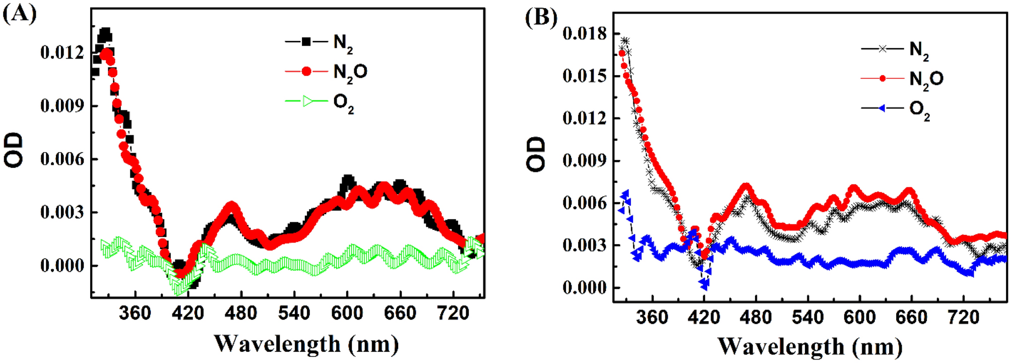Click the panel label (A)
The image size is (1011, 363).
19,14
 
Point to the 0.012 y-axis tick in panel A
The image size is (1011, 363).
62,52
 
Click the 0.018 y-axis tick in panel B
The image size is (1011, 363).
585,34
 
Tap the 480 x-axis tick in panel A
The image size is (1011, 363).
241,313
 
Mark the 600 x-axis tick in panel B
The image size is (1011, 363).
859,317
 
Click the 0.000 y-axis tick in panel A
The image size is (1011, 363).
62,265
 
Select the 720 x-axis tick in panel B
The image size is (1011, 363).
963,317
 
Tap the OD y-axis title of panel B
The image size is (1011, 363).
537,154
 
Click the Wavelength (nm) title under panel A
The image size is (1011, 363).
306,344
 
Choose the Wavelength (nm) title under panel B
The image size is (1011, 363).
809,346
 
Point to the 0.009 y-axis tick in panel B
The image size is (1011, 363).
585,161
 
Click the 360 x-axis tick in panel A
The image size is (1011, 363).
135,313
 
